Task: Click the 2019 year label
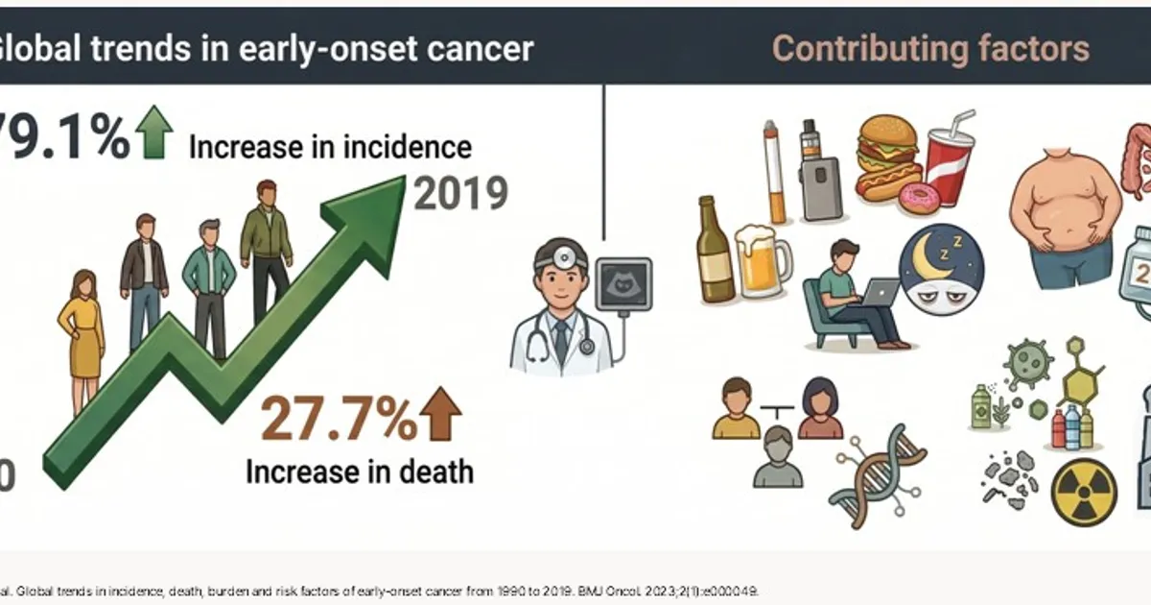coord(459,193)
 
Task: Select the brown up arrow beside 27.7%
coord(441,414)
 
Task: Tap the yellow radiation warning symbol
coord(1083,492)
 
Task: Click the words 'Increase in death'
coord(360,472)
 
